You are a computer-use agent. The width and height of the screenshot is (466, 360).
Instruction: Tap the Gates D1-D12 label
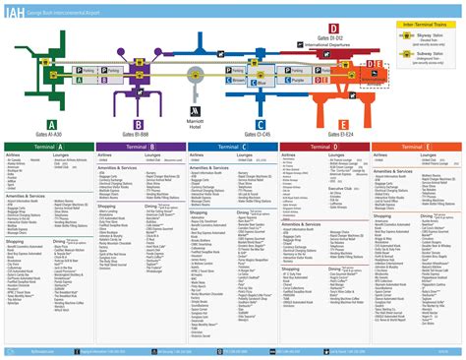[x=334, y=38]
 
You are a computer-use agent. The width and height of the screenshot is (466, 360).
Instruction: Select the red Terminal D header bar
[x=325, y=146]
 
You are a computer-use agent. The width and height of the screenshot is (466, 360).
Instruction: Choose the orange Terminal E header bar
[x=418, y=146]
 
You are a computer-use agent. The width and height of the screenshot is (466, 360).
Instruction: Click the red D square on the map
[x=334, y=28]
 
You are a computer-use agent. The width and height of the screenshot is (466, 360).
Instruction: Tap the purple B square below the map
[x=139, y=122]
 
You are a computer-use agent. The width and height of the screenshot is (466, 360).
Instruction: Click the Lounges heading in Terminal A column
[x=60, y=153]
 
